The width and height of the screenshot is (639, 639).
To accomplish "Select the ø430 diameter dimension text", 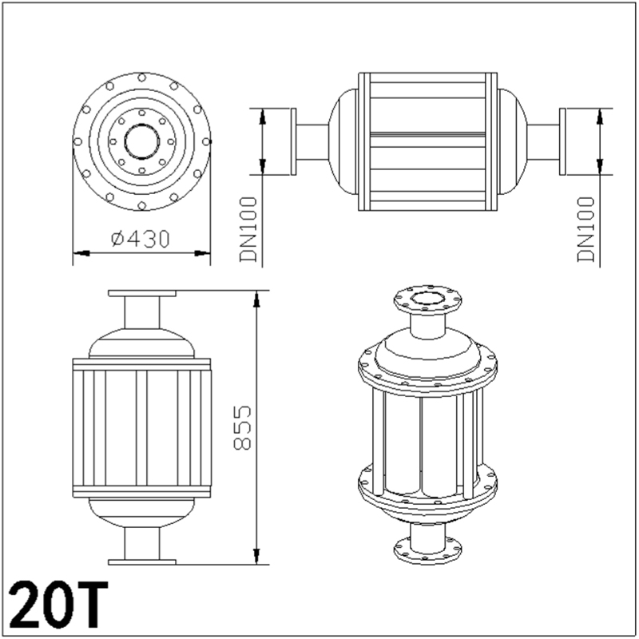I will point(142,238).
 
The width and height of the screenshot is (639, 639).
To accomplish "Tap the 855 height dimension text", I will point(244,427).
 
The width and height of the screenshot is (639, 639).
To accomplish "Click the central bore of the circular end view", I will point(141,141).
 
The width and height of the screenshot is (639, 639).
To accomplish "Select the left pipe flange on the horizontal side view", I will point(294,141).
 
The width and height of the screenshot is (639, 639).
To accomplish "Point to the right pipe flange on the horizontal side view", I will point(564,141).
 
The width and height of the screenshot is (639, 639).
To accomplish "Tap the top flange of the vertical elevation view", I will point(141,294).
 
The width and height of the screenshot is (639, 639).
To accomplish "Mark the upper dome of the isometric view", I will point(428,349).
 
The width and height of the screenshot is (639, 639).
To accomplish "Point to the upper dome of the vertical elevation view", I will point(141,342).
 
